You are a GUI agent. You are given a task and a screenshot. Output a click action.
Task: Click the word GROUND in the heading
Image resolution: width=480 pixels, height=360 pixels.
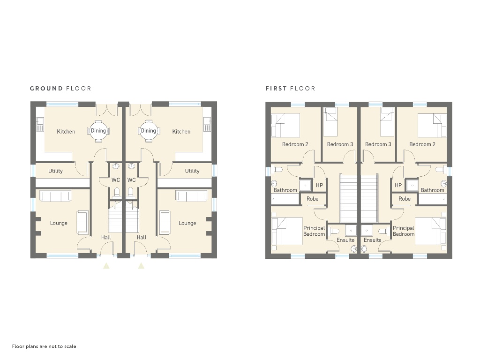point(46,89)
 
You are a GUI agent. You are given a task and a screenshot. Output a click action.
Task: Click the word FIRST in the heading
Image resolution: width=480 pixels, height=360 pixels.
point(276,89)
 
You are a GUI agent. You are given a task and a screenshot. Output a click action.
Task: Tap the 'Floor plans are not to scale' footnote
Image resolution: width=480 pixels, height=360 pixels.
point(44,346)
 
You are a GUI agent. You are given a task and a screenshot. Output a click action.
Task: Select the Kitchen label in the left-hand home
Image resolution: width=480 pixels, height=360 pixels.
point(66,132)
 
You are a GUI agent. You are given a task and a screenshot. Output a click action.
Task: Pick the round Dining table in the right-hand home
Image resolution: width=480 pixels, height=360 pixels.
point(149,131)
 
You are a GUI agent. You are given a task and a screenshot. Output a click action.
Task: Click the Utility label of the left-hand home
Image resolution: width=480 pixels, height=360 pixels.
point(55,171)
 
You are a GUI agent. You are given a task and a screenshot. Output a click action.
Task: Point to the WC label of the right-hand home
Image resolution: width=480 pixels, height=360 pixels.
point(131,180)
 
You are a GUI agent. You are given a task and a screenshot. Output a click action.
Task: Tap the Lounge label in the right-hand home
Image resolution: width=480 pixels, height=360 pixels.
point(187,223)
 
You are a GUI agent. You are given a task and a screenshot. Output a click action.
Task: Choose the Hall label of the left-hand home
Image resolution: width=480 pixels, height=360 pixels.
point(106,237)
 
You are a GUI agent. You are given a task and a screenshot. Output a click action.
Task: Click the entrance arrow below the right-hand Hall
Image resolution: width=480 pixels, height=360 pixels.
point(141,266)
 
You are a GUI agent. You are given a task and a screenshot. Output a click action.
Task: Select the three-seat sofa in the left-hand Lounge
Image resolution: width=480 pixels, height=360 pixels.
point(56,196)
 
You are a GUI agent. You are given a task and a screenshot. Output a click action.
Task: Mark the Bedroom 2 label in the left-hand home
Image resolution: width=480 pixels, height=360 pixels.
point(295,144)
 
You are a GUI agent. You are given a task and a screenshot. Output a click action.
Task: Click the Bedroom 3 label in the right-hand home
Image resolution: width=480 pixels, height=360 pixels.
point(378,144)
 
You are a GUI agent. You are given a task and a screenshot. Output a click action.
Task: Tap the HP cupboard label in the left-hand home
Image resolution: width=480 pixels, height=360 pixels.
point(319,185)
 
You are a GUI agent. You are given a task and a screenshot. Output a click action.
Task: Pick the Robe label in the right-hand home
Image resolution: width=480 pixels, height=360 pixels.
point(405,199)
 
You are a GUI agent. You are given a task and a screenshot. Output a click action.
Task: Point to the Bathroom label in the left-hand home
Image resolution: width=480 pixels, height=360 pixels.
point(285,190)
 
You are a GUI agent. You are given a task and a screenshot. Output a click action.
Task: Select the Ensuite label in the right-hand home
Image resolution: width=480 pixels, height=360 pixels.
point(373,240)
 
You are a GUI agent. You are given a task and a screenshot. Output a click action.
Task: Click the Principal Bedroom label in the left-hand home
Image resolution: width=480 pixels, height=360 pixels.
point(314,231)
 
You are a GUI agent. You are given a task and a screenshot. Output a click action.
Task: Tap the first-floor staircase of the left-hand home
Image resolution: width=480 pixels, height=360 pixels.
point(349,198)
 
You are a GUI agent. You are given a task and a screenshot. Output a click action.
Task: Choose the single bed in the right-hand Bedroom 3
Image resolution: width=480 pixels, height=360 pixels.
point(387,121)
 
